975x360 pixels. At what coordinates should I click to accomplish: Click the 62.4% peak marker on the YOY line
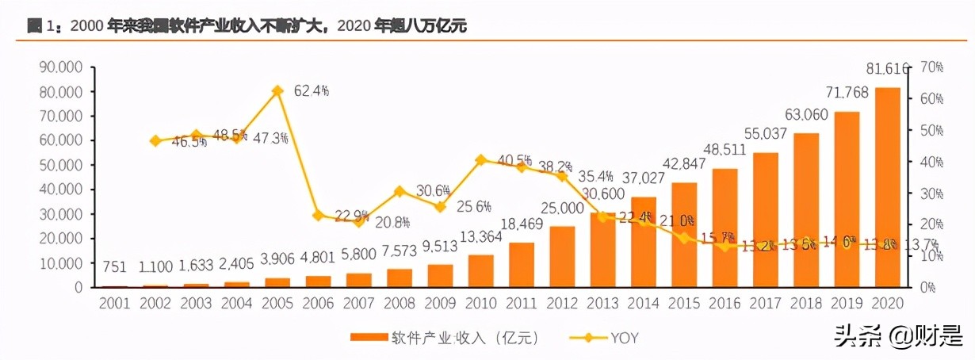coord(277,90)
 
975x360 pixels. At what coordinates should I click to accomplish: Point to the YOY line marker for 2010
coord(480,160)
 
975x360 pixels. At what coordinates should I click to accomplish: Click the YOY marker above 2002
coord(155,141)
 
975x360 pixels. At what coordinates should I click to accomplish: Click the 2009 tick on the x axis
coord(440,304)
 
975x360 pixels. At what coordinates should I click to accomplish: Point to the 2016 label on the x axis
coord(725,304)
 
